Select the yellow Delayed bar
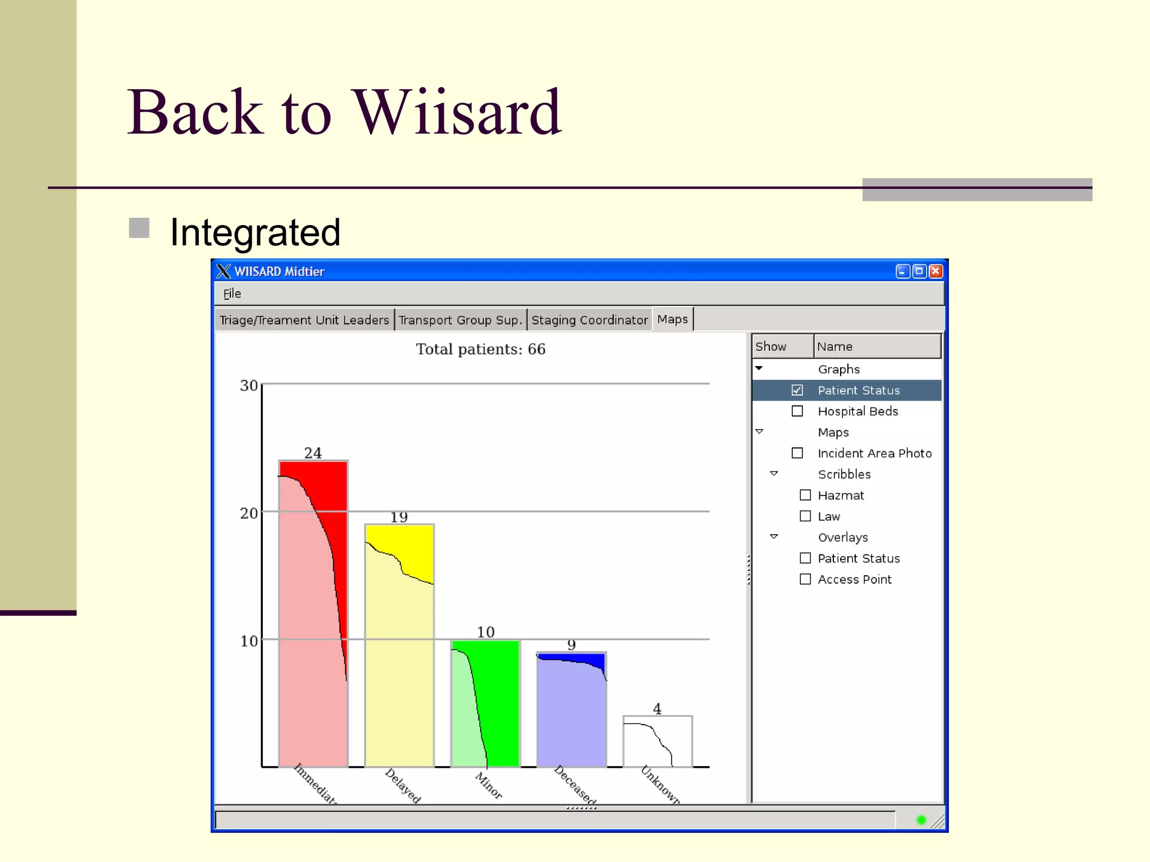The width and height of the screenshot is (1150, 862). (399, 645)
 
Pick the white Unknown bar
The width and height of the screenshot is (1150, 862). (658, 741)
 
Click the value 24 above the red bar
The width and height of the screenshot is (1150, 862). (313, 453)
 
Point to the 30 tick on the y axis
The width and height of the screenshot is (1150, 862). (249, 386)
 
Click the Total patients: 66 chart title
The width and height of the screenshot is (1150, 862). (481, 349)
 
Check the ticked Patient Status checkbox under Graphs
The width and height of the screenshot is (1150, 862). (797, 390)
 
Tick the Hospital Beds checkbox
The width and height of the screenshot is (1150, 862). (797, 411)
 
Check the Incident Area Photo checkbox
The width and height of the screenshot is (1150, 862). (797, 453)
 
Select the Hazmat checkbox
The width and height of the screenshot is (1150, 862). (805, 495)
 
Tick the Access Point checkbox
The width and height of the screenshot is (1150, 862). (805, 579)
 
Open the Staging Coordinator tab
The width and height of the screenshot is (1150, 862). (589, 320)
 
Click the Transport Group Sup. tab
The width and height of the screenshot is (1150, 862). (460, 320)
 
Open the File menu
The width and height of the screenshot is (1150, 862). (232, 294)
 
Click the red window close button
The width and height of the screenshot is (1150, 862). (935, 272)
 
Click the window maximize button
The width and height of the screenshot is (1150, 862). (919, 272)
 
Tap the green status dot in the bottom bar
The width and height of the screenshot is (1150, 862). (921, 820)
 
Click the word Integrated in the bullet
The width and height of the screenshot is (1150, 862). (255, 232)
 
